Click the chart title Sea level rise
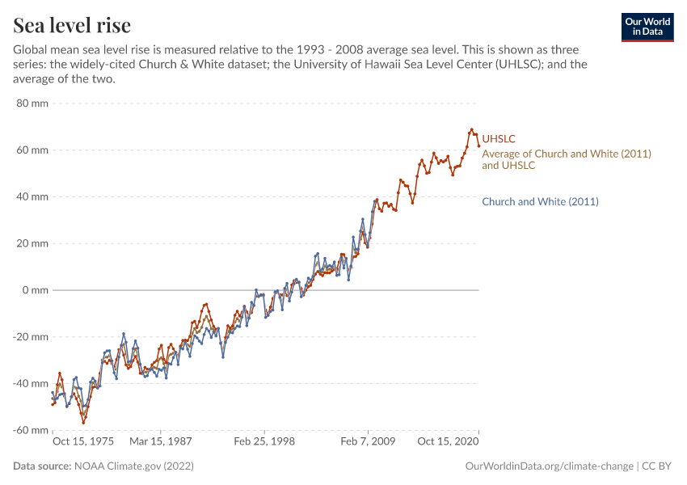(x=72, y=25)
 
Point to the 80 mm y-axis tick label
(x=33, y=103)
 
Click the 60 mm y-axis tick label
(x=33, y=150)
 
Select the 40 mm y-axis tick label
(x=33, y=196)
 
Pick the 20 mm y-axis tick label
(x=33, y=243)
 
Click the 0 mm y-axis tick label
(x=36, y=290)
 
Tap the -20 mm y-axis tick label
(x=32, y=336)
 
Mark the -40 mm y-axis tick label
(x=32, y=383)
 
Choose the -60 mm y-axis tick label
(x=32, y=430)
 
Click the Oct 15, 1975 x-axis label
(x=83, y=442)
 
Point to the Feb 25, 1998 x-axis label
(x=264, y=442)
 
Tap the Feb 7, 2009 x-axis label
(x=368, y=442)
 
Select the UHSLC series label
(x=499, y=139)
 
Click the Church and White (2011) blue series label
(x=540, y=201)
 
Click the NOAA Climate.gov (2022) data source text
(x=133, y=466)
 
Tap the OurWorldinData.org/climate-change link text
(x=549, y=466)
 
